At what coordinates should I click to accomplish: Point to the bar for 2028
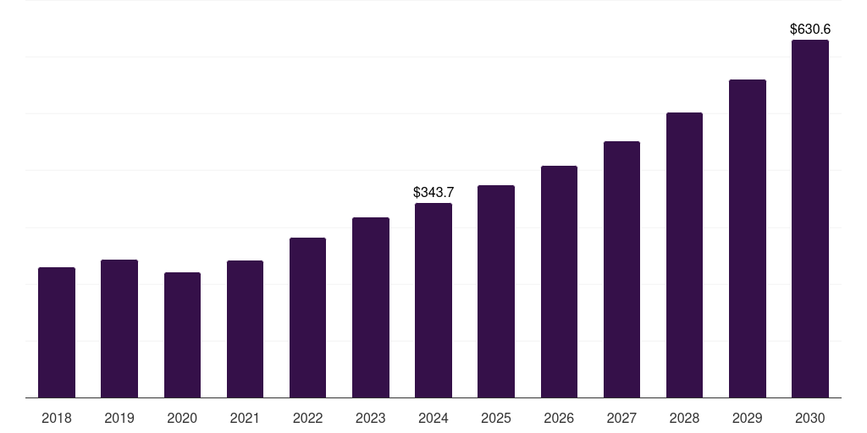684,255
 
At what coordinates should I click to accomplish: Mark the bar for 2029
748,238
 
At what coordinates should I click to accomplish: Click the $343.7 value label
433,192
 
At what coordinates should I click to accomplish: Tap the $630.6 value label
810,29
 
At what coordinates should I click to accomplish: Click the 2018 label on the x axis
57,418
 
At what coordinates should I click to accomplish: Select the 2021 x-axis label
245,418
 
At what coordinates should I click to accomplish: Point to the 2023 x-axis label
371,418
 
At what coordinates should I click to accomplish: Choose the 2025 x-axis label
496,418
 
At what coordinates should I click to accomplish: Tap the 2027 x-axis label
621,418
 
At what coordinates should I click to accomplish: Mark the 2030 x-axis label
810,418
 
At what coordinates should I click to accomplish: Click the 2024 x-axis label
433,418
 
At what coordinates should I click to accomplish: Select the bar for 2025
496,291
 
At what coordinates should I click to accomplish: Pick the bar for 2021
245,329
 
